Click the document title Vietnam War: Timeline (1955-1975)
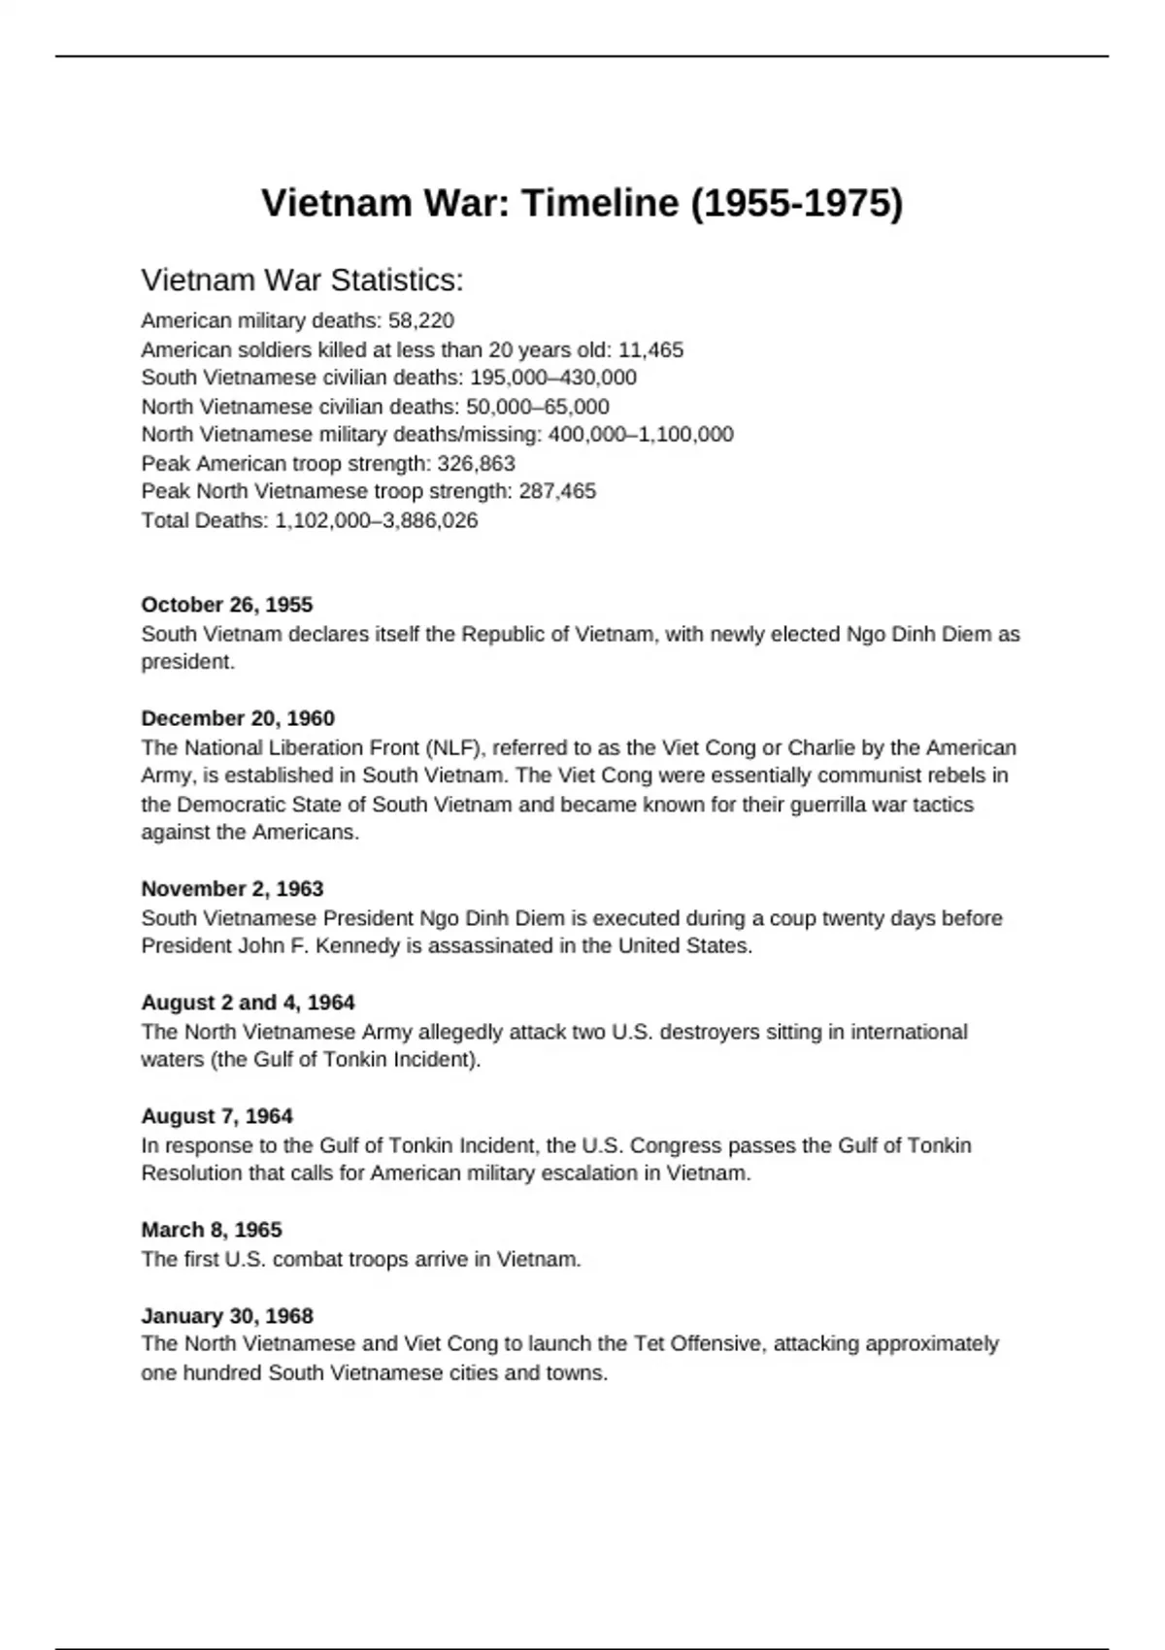pyautogui.click(x=582, y=204)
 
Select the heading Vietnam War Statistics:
pyautogui.click(x=302, y=280)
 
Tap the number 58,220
pyautogui.click(x=421, y=321)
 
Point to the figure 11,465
pyautogui.click(x=650, y=350)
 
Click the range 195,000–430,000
pyautogui.click(x=553, y=379)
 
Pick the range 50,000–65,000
pyautogui.click(x=538, y=407)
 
